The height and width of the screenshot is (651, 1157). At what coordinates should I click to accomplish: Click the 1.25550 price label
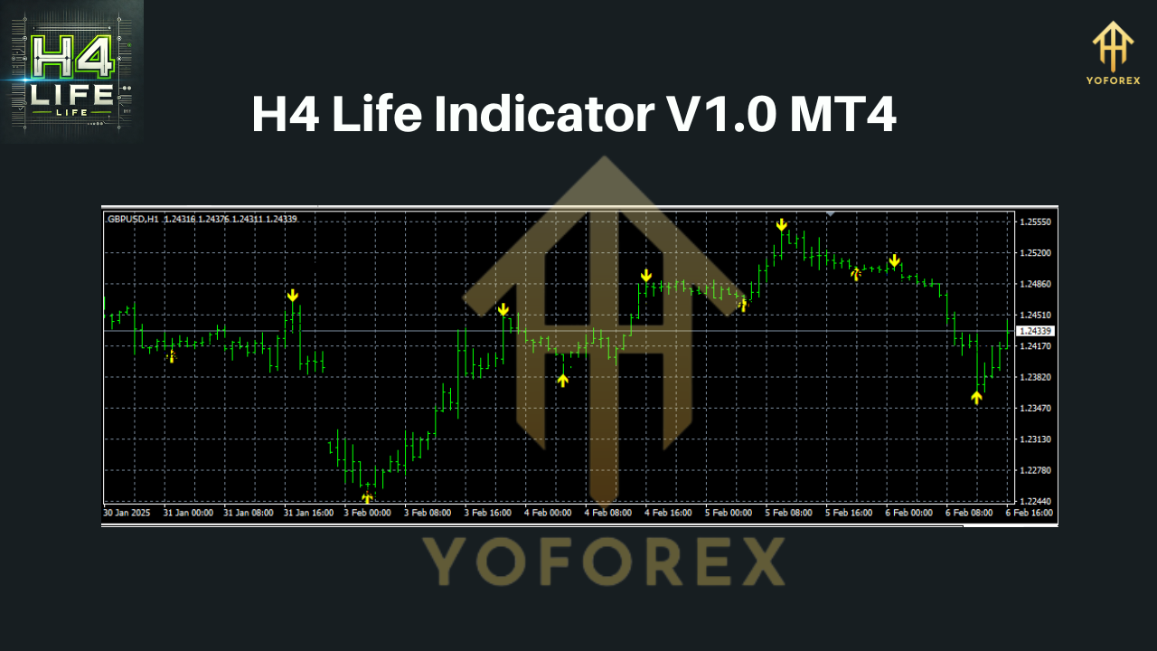[1035, 222]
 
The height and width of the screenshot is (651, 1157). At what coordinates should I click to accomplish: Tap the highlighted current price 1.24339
[1036, 331]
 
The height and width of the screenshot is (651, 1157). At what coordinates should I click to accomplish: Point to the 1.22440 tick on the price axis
[1035, 501]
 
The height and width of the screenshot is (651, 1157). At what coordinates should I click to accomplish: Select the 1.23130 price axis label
[1035, 439]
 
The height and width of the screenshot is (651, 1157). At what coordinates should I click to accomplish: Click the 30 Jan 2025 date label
[126, 513]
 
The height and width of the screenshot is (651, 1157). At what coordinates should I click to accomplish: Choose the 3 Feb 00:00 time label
[368, 513]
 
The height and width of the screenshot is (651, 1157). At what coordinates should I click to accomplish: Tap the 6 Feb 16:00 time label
[1029, 513]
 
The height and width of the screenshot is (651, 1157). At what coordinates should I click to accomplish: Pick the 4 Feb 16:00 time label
[669, 513]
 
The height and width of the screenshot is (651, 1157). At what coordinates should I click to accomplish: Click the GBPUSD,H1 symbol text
[133, 219]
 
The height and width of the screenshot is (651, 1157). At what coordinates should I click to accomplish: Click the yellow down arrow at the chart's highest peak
[781, 224]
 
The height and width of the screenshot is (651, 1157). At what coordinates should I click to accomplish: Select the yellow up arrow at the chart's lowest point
[367, 497]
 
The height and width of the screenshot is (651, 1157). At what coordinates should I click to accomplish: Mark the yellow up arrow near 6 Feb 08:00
[976, 397]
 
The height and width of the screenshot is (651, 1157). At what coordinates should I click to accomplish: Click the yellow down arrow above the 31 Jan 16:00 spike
[293, 296]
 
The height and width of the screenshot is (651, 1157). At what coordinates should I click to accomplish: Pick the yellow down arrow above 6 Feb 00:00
[894, 261]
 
